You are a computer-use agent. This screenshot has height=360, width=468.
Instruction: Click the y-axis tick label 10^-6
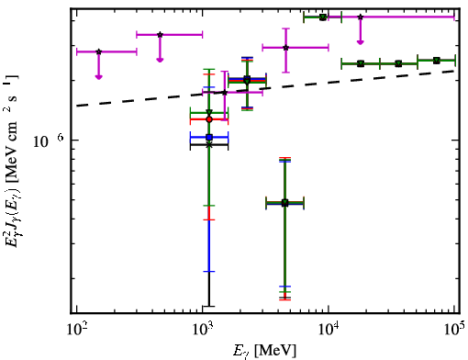point(49,141)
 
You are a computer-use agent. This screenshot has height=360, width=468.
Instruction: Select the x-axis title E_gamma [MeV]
point(264,351)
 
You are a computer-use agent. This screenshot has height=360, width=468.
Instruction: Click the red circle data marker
point(209,119)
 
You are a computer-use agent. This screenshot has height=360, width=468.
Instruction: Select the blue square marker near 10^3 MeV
point(209,138)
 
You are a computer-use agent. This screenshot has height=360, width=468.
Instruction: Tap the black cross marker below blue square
point(209,145)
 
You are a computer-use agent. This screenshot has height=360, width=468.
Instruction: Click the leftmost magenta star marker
point(98,51)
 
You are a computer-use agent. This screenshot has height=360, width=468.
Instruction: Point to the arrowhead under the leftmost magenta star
point(98,77)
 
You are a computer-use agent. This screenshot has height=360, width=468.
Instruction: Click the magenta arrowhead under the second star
point(160,60)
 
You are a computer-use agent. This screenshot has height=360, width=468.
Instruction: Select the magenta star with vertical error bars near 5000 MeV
point(285,48)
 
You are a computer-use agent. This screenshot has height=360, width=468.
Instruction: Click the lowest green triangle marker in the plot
point(285,203)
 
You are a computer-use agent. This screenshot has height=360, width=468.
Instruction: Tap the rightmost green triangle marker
point(437,61)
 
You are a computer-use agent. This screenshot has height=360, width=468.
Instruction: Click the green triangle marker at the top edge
point(323,17)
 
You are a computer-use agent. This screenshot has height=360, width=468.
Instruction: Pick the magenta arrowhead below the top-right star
point(361,41)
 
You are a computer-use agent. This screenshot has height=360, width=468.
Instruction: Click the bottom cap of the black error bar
point(209,306)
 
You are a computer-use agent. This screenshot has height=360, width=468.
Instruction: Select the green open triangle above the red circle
point(209,112)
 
